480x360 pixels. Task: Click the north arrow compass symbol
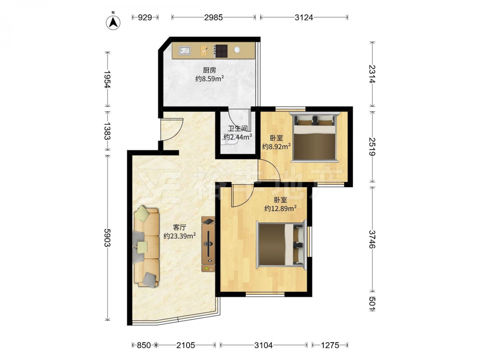(x=113, y=22)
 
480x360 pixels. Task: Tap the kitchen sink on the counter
(x=185, y=50)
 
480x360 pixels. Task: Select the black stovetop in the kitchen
(x=221, y=51)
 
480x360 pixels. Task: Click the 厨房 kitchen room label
(x=209, y=71)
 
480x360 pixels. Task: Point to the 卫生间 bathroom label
(x=238, y=129)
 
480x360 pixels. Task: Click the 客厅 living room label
(x=180, y=228)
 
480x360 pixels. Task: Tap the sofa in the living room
(x=146, y=247)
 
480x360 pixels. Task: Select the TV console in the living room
(x=208, y=244)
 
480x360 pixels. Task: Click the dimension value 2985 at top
(x=214, y=17)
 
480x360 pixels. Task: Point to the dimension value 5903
(x=108, y=238)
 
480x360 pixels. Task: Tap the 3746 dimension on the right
(x=372, y=239)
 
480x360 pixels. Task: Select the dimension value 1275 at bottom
(x=330, y=345)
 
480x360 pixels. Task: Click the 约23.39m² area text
(x=180, y=236)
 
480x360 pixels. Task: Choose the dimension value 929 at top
(x=145, y=17)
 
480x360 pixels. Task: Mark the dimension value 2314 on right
(x=372, y=74)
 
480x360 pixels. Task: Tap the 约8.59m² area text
(x=209, y=79)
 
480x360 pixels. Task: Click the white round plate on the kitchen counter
(x=237, y=50)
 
